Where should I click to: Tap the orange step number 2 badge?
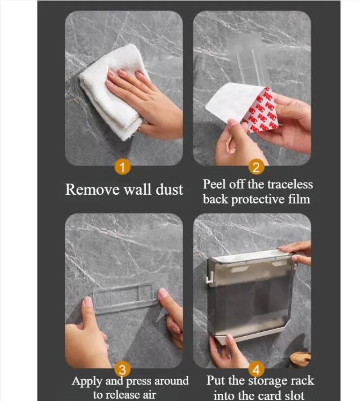(256, 168)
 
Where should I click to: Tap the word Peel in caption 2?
(214, 184)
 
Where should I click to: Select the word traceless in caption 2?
(291, 184)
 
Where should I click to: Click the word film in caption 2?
(299, 199)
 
